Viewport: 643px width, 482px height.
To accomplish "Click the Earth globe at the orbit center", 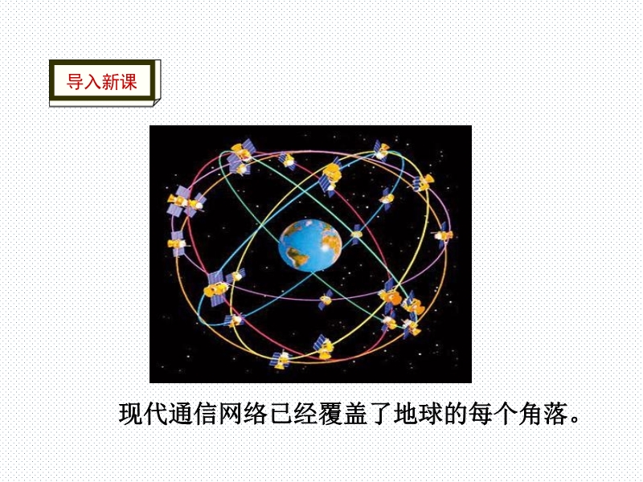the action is [x=309, y=245].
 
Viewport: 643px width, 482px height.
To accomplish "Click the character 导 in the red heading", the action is [x=75, y=82].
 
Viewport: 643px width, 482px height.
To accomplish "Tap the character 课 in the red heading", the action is [x=128, y=82].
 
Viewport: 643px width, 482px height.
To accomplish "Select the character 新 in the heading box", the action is [x=110, y=82].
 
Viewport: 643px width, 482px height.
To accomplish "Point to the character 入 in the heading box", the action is [x=92, y=82].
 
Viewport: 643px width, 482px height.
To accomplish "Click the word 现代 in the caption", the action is [x=144, y=414].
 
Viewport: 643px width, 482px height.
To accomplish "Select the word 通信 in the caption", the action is [x=194, y=414].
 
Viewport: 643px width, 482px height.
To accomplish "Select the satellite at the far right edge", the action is [x=444, y=235].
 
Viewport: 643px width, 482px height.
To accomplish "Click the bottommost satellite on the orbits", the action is [x=281, y=359].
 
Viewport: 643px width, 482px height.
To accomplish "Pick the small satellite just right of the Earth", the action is [x=356, y=235].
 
